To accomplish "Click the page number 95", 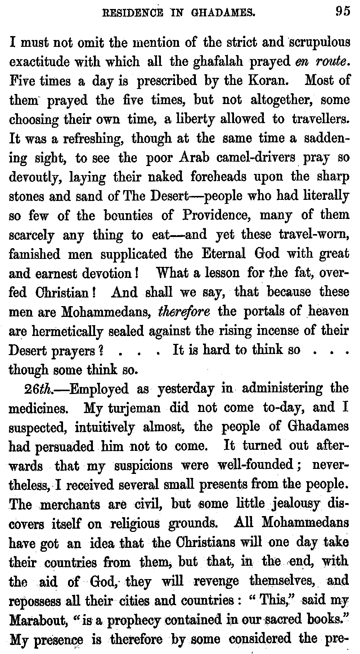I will pos(342,12).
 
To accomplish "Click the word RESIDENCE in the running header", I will pos(121,13).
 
